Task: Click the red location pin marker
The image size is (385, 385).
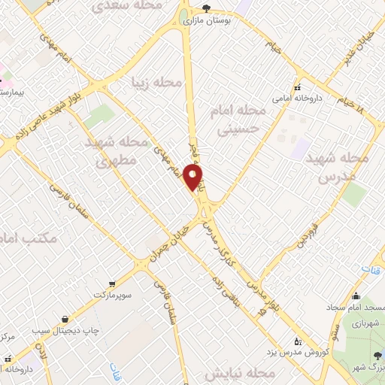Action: [194, 177]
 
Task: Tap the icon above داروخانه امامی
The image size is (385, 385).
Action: [298, 86]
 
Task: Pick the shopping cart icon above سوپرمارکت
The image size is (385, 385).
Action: [112, 283]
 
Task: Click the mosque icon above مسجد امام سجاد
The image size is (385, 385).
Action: [356, 296]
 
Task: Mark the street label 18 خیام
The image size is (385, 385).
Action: [350, 103]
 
